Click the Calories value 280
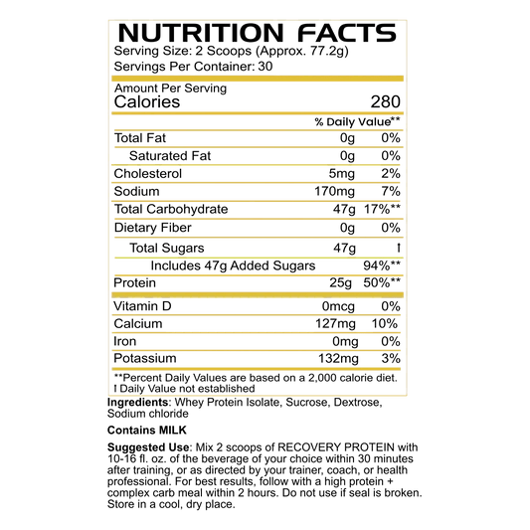[386, 101]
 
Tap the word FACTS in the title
[347, 33]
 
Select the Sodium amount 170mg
[335, 191]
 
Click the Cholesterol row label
[148, 173]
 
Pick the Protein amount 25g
[340, 282]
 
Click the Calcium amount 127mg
[335, 324]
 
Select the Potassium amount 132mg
[338, 358]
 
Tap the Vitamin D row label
[142, 306]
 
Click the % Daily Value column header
[357, 121]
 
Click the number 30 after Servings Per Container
[265, 67]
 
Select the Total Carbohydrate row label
[171, 209]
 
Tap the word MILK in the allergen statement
[173, 430]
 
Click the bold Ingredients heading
[137, 403]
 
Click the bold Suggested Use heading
[148, 447]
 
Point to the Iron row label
[124, 341]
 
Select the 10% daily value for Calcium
[385, 324]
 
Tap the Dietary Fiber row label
[153, 228]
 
